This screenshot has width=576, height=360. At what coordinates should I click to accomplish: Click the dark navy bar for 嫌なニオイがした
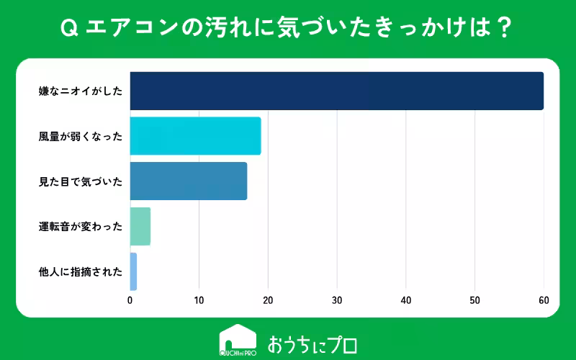[337, 91]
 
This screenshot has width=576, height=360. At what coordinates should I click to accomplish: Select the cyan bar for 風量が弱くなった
[195, 136]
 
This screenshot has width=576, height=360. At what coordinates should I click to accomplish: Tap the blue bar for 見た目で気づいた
[189, 181]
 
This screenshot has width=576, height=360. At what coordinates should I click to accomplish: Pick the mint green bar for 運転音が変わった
[140, 226]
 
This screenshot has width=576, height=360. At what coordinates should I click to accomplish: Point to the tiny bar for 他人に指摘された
[133, 271]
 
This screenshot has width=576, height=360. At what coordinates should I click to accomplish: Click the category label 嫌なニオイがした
[81, 91]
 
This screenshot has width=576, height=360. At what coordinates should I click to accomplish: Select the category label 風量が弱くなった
[81, 136]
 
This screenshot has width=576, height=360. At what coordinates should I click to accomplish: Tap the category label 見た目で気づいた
[81, 181]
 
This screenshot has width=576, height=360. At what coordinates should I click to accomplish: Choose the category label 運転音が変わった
[81, 227]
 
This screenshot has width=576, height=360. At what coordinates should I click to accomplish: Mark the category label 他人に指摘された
[81, 272]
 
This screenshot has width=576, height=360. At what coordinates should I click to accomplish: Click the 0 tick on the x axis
[130, 300]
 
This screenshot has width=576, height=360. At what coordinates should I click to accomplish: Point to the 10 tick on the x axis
[199, 300]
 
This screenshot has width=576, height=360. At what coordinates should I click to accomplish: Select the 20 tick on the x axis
[268, 300]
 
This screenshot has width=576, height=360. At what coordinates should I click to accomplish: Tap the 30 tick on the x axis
[337, 300]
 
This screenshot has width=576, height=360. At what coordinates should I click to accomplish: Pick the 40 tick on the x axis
[406, 300]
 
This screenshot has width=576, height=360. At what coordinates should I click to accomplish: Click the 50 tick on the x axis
[474, 300]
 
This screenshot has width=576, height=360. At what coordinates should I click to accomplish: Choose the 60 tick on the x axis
[544, 300]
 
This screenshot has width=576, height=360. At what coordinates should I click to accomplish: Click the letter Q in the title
[69, 28]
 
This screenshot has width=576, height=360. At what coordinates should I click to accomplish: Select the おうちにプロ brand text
[312, 345]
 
